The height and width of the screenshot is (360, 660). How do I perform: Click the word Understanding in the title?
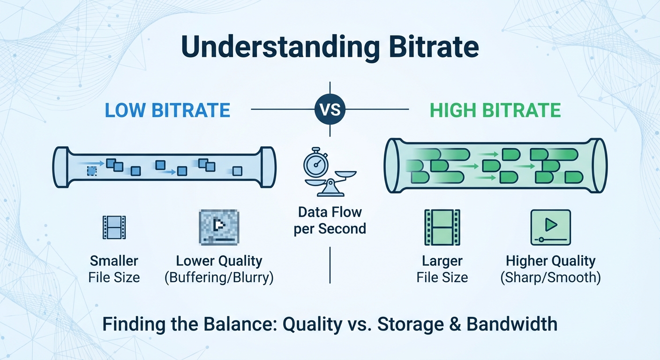tap(274, 47)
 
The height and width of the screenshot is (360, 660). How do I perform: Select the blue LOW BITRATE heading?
tap(167, 110)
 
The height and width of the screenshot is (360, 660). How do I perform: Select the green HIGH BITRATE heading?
tap(495, 110)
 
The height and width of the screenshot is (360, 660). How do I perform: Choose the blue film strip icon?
tap(114, 227)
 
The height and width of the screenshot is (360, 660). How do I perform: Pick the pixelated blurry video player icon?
tap(219, 227)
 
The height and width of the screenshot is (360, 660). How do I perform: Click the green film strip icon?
tap(442, 227)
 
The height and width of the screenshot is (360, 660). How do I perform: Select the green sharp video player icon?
tap(550, 227)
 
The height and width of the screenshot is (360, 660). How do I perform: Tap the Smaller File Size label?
tap(114, 269)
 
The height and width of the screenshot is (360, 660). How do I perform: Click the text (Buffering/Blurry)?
tap(219, 277)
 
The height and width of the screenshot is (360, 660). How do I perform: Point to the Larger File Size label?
tap(442, 269)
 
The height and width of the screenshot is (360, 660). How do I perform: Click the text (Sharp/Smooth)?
tap(550, 277)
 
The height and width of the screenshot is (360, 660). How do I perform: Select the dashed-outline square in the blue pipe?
tap(92, 171)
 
